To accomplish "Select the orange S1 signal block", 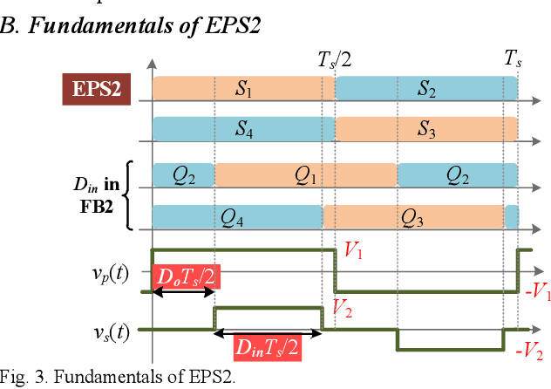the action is pos(243,89).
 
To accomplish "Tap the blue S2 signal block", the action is pos(426,89).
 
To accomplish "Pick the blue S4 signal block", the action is pos(243,130).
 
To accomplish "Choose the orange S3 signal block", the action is pos(426,130).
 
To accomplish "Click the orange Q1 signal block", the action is pos(305,175).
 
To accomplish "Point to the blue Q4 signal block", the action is pos(237,216).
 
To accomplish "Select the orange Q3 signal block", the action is pos(413,216).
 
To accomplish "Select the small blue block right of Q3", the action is pos(511,216).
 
